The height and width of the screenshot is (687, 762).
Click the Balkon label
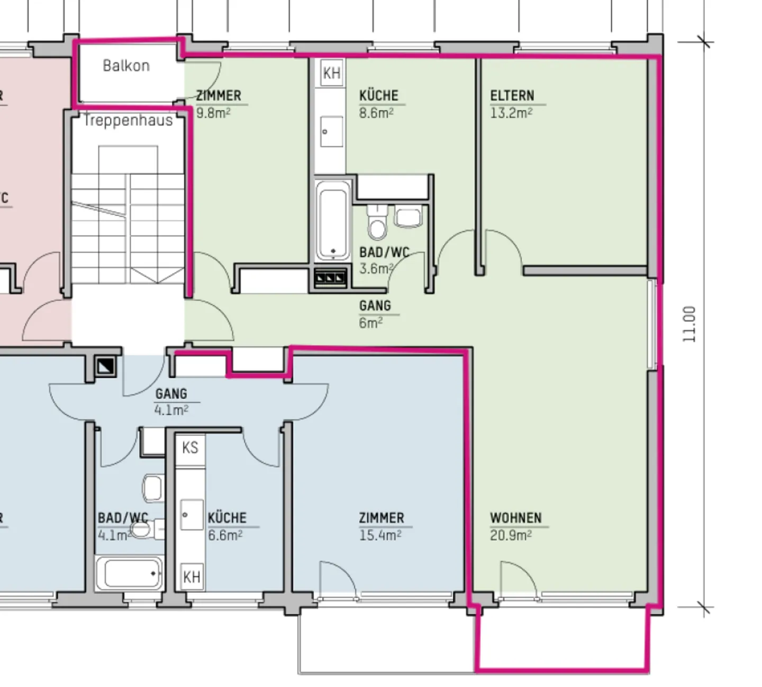click(126, 66)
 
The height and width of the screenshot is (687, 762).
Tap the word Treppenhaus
click(128, 121)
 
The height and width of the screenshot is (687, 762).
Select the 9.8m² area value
click(213, 113)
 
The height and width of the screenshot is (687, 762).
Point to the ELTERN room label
click(512, 96)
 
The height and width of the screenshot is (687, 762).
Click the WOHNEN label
click(515, 518)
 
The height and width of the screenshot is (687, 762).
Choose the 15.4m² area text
click(380, 535)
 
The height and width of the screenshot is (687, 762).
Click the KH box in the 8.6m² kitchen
click(332, 72)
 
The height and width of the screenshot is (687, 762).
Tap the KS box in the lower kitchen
click(190, 448)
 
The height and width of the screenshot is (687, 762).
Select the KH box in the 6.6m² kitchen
click(191, 576)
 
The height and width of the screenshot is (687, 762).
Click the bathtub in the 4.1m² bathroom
click(130, 573)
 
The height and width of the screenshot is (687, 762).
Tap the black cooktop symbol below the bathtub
click(331, 278)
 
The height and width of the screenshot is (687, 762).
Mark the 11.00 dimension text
click(689, 324)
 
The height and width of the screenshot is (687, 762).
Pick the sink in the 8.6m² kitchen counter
click(332, 132)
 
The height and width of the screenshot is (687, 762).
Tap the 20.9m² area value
click(510, 535)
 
